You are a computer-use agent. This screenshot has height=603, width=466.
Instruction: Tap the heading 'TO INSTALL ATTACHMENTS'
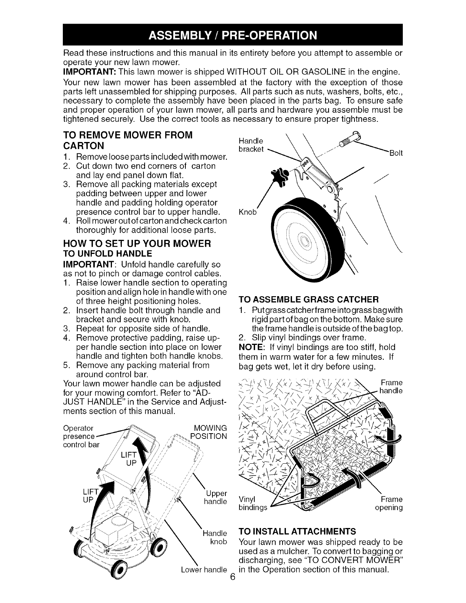coord(297,531)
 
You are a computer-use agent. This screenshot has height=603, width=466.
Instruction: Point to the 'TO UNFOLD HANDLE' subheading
coord(107,254)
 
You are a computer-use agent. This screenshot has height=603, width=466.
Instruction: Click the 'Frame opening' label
coord(389,503)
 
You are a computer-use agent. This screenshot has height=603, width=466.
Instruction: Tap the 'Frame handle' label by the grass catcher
coord(391,386)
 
